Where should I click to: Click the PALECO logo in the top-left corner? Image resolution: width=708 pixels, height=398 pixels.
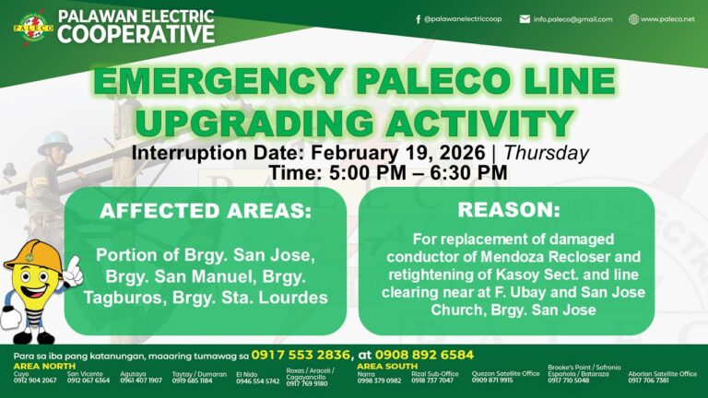pos(33,25)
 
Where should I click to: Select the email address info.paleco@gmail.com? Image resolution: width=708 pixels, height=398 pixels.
pos(572,18)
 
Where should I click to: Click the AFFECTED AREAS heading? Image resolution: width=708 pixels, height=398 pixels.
pos(206,211)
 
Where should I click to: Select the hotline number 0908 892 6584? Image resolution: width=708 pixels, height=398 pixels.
pos(425,355)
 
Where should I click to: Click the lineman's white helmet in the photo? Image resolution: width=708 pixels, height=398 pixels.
pos(54,141)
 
